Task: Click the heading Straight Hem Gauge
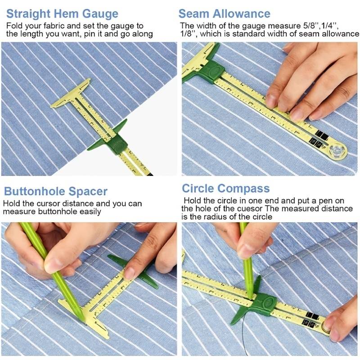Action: coord(62,14)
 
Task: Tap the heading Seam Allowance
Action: coord(224,14)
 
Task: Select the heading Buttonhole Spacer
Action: coord(56,192)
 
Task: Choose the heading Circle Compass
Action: coord(226,189)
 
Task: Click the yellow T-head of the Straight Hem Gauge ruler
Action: coord(70,94)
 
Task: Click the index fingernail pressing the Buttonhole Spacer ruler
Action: coord(129,274)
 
